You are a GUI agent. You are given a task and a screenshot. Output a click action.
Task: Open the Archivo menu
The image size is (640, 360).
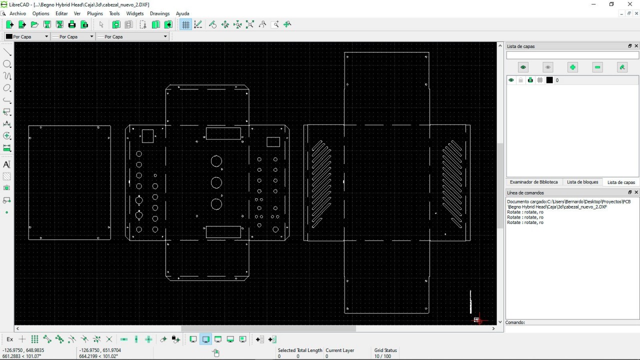17,13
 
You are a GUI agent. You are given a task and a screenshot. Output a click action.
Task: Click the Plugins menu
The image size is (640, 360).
95,13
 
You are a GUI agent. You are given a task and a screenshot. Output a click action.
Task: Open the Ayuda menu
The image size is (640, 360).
182,13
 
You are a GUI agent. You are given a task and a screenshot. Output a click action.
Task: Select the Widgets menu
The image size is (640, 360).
135,13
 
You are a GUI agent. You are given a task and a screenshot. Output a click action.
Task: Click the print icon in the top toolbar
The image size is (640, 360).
72,24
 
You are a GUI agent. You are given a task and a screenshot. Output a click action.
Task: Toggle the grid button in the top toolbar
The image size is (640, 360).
185,24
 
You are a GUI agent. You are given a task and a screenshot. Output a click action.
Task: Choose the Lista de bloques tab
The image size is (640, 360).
582,182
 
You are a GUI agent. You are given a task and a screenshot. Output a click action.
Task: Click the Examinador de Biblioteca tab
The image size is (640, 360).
533,182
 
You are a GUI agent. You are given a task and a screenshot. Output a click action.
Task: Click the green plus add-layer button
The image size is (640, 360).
572,67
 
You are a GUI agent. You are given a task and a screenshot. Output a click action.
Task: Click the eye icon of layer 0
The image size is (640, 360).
511,80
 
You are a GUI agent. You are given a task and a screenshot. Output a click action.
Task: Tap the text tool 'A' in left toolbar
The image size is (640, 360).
7,164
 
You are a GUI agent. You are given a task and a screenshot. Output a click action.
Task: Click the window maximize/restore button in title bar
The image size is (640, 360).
611,4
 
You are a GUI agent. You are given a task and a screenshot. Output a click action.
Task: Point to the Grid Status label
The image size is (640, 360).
385,350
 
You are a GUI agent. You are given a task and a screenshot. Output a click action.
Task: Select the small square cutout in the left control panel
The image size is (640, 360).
147,136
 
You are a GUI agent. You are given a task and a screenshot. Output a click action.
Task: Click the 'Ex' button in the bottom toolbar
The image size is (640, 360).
10,339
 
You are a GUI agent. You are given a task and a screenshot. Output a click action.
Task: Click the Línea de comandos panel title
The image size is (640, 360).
525,193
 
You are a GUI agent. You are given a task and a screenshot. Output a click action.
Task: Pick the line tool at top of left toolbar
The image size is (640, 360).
7,52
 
